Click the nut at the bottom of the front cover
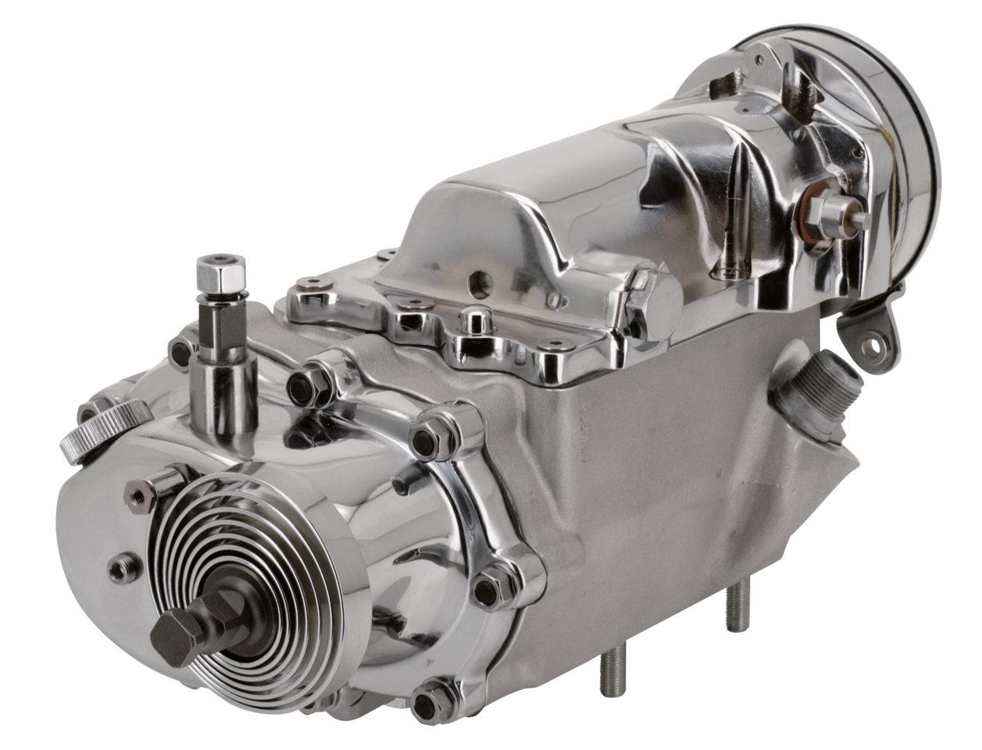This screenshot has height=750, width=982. tap(434, 692)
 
